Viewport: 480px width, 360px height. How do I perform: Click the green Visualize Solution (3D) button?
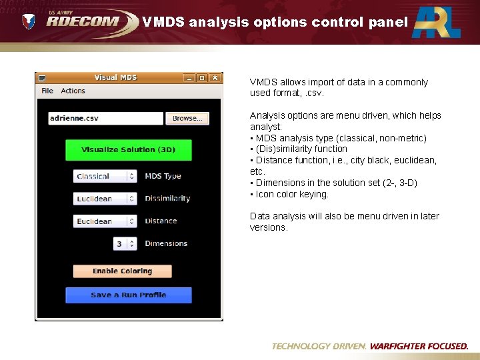pos(129,150)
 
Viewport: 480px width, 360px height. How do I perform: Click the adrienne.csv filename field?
pos(105,119)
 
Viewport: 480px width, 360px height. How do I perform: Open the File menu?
pos(47,91)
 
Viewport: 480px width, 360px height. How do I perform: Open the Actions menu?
pos(73,91)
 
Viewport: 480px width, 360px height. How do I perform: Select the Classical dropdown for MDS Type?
pos(105,177)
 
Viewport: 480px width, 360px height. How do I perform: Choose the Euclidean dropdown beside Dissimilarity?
pos(105,199)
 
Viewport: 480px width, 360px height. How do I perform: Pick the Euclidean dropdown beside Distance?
pos(105,221)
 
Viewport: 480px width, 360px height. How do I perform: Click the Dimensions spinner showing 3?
pos(125,244)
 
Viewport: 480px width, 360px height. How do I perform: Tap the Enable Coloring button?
pos(122,271)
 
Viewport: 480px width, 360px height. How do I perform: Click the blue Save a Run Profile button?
pos(129,295)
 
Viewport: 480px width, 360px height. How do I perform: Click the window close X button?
pos(215,78)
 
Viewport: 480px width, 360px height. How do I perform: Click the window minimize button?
pos(189,78)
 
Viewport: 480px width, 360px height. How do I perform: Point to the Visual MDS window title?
pos(115,77)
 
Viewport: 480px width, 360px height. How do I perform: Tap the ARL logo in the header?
pos(436,22)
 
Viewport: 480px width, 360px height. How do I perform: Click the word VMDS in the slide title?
pos(163,22)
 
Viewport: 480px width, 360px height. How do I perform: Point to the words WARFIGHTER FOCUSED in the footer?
pos(419,346)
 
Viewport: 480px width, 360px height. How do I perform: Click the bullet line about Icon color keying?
pos(292,194)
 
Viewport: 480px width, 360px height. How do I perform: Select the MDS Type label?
pos(163,176)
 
